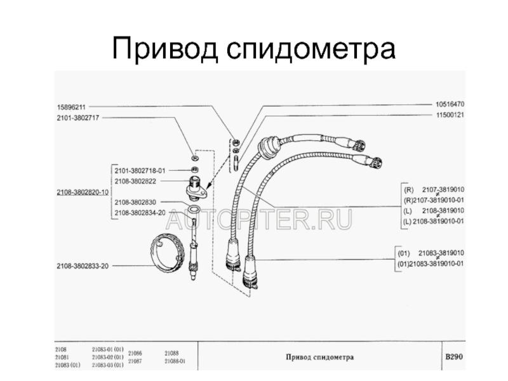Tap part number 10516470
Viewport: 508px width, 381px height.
tap(450, 104)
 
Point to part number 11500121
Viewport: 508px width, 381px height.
tap(450, 115)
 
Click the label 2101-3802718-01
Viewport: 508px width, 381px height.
tap(140, 171)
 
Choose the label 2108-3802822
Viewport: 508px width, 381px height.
tap(135, 181)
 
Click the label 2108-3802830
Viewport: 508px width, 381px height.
tap(135, 202)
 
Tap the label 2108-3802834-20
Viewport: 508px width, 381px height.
tap(140, 213)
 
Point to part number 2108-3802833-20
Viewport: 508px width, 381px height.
tap(83, 265)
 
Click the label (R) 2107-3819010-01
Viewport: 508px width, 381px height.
tap(434, 199)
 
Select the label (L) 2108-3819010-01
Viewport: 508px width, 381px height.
tap(434, 221)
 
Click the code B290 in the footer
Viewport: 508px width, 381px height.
tap(453, 357)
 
